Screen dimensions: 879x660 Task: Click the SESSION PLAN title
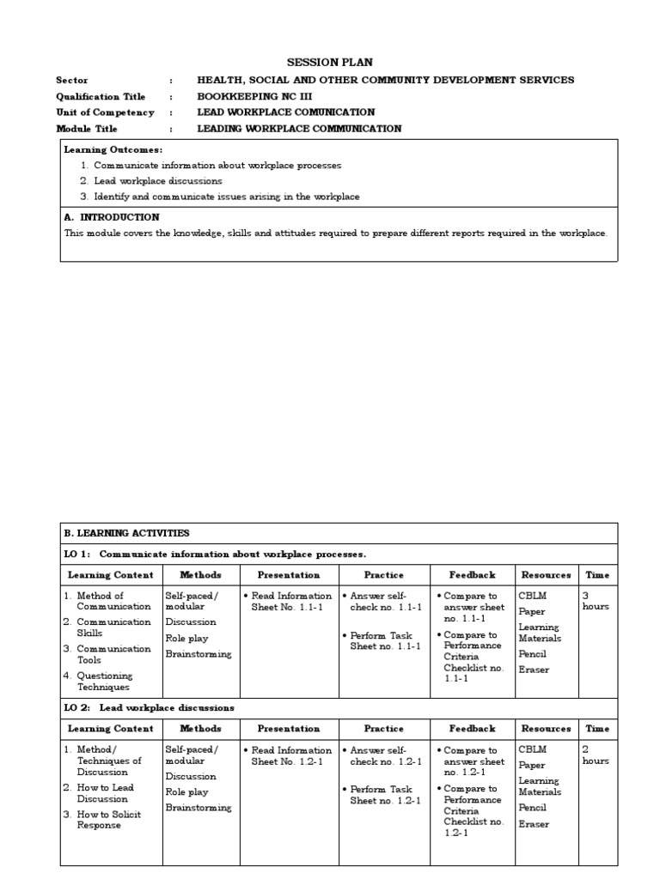[330, 62]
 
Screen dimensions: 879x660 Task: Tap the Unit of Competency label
[105, 112]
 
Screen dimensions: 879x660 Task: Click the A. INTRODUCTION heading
[112, 217]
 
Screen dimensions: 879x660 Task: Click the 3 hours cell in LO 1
[596, 601]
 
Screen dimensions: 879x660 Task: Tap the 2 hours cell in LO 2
[596, 755]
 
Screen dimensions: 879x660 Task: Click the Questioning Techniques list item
[105, 682]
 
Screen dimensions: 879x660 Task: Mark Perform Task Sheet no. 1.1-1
[384, 641]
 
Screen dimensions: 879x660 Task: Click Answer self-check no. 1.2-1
[384, 755]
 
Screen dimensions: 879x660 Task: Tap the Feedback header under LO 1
[472, 574]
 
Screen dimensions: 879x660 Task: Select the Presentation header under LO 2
[289, 729]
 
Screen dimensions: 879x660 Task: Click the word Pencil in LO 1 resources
[532, 654]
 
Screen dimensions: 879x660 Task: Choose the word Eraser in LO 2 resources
[533, 824]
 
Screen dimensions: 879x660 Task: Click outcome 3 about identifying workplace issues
[226, 197]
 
